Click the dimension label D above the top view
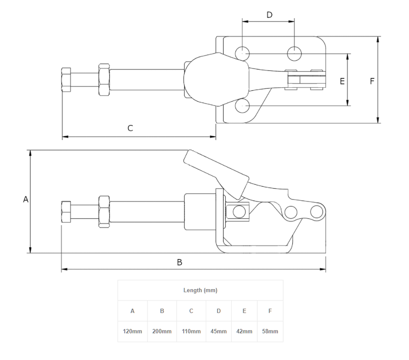(x=269, y=15)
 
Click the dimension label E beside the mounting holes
(x=342, y=81)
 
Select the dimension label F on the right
(x=372, y=81)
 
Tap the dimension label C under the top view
(x=130, y=128)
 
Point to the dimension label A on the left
(x=26, y=199)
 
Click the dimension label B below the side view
(x=179, y=262)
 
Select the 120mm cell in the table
(x=132, y=331)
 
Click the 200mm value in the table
(x=162, y=331)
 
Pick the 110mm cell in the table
(x=191, y=331)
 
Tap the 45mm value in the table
(x=219, y=331)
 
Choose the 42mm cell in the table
(x=244, y=331)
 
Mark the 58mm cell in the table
(x=270, y=331)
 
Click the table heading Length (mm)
(x=200, y=291)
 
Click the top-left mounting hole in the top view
(x=242, y=53)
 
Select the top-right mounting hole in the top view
(x=294, y=53)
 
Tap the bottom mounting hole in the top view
(x=242, y=106)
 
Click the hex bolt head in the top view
(x=66, y=80)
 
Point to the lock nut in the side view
(x=104, y=212)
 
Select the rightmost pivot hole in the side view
(x=316, y=211)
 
